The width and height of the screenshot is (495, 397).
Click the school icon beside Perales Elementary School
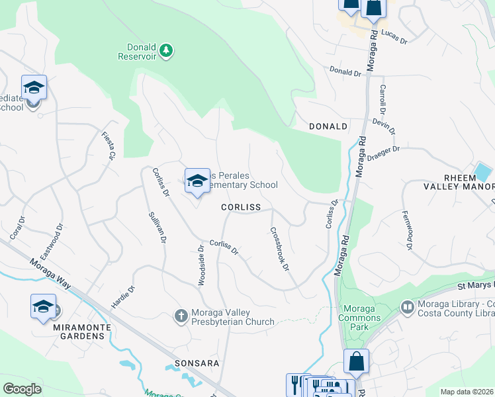pos(197,181)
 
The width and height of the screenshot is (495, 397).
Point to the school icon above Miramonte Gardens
pos(44,306)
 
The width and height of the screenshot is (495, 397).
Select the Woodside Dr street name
pos(201,265)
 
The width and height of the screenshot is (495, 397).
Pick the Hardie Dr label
pos(123,298)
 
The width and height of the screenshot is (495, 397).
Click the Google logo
pos(22,389)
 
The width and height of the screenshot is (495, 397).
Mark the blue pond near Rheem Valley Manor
pos(484,172)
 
